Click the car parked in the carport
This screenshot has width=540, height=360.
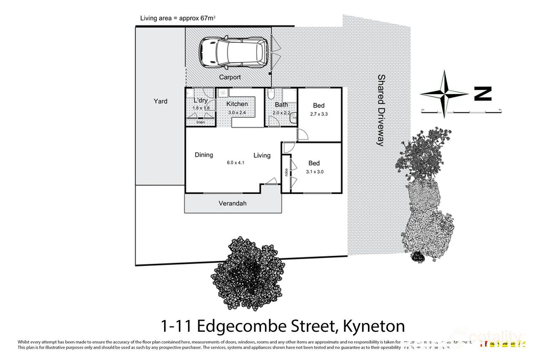tap(233, 53)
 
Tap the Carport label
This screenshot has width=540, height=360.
tap(230, 77)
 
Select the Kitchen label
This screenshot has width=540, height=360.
tap(237, 104)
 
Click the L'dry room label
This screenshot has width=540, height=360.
tap(200, 101)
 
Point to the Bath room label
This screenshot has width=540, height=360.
tap(281, 105)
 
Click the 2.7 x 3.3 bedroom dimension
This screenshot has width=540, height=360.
tap(319, 114)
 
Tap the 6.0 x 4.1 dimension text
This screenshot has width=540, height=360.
tap(235, 162)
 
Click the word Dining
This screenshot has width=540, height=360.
tap(204, 155)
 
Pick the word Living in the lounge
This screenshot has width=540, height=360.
tap(262, 155)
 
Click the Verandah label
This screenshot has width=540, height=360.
tap(232, 203)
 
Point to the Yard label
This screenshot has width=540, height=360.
tap(160, 101)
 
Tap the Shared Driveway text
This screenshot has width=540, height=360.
tap(381, 110)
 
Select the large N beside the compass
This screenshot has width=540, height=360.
tap(483, 94)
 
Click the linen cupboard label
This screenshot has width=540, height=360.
tap(200, 122)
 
